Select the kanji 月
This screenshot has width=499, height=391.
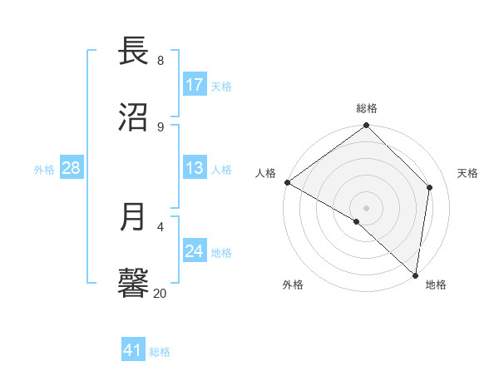pyautogui.click(x=134, y=216)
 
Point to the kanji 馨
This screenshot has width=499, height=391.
pyautogui.click(x=134, y=281)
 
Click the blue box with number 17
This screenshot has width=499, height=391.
pyautogui.click(x=195, y=85)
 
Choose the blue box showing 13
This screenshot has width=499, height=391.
pyautogui.click(x=195, y=169)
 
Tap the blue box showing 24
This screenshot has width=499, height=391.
pyautogui.click(x=195, y=251)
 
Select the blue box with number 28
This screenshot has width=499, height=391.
pyautogui.click(x=71, y=169)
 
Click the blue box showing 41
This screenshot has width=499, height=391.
pyautogui.click(x=133, y=350)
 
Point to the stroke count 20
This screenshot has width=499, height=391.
pyautogui.click(x=160, y=292)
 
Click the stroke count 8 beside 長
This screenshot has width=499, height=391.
pyautogui.click(x=161, y=61)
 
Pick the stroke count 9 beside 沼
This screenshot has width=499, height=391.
pyautogui.click(x=161, y=126)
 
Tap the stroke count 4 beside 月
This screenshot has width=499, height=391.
pyautogui.click(x=161, y=225)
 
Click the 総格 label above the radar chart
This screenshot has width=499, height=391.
pyautogui.click(x=367, y=108)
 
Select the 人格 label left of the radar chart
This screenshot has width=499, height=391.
pyautogui.click(x=265, y=173)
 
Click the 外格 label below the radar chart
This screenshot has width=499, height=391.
pyautogui.click(x=293, y=285)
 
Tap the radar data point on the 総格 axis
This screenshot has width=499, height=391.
pyautogui.click(x=367, y=126)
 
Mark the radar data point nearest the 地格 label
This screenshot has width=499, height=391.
pyautogui.click(x=415, y=275)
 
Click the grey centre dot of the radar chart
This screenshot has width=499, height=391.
pyautogui.click(x=367, y=207)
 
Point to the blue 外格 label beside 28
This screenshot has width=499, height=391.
pyautogui.click(x=44, y=170)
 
